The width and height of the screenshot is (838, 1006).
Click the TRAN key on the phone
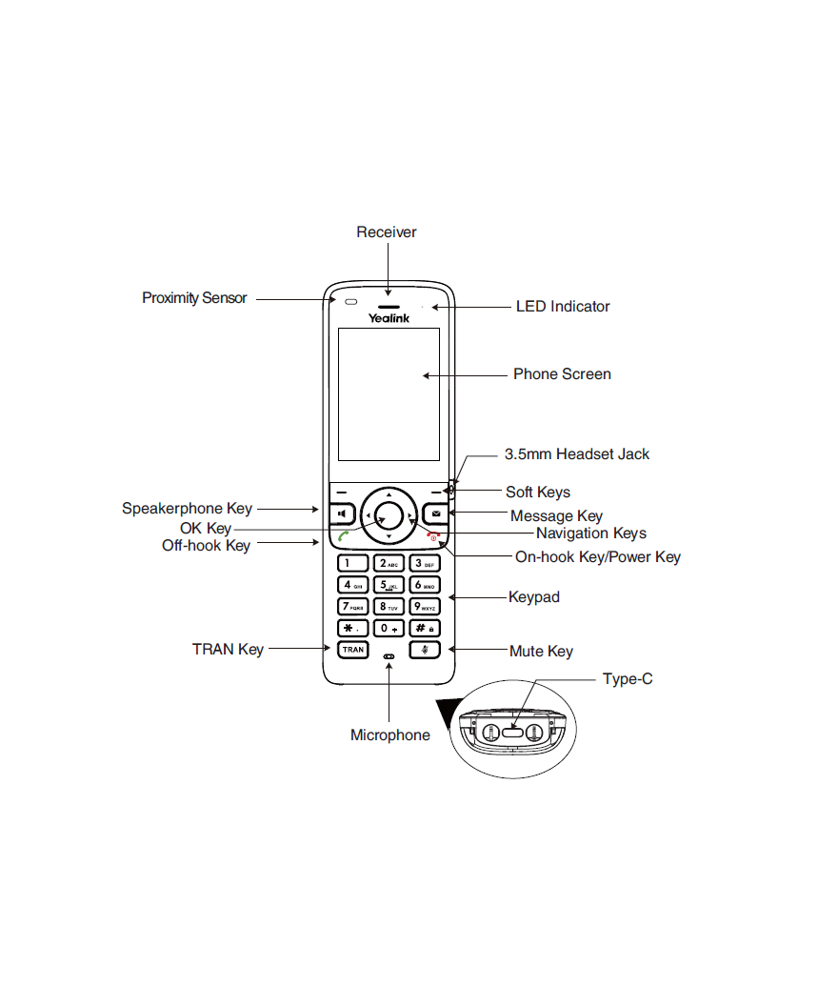[352, 650]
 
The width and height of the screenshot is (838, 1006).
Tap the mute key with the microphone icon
[425, 650]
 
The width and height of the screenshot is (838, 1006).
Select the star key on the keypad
[352, 628]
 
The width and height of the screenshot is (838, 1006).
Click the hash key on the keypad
[425, 628]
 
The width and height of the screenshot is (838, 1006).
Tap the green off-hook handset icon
[343, 535]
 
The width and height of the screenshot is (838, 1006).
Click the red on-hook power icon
[433, 536]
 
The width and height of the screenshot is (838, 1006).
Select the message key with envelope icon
[436, 513]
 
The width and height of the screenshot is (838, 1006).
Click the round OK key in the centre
[389, 514]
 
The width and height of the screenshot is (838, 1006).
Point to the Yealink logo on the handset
[389, 317]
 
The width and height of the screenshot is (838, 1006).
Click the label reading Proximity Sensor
[194, 298]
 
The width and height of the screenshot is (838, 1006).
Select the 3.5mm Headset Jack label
[577, 454]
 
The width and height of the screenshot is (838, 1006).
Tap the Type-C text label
[628, 679]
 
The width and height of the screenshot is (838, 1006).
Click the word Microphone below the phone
[389, 735]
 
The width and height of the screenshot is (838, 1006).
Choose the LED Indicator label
[563, 307]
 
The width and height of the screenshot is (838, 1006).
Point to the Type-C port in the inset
[513, 732]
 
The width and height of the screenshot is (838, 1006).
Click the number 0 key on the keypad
[389, 628]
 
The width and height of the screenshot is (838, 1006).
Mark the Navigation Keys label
[591, 533]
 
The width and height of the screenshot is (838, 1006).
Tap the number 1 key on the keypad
[352, 563]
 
